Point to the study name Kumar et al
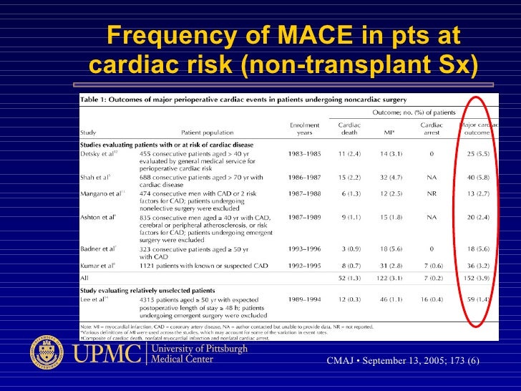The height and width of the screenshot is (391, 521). [98, 264]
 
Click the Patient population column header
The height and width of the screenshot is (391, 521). [207, 132]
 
